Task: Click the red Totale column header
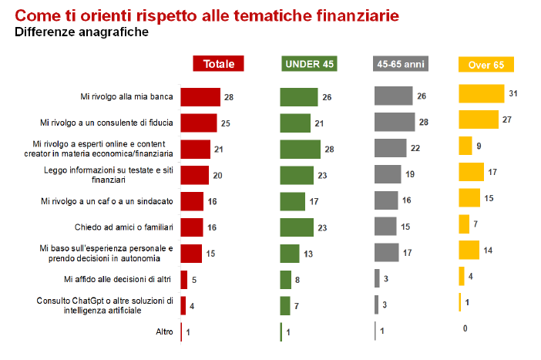coord(218,64)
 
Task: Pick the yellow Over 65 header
coord(486,65)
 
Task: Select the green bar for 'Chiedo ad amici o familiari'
coord(297,227)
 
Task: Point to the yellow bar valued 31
coord(481,93)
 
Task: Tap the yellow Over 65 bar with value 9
coord(465,146)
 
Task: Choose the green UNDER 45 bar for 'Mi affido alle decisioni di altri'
coord(285,280)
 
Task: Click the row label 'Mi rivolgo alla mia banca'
coord(127,96)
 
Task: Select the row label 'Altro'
coord(163,332)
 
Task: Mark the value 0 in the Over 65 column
coord(465,329)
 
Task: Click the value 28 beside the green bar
coord(330,149)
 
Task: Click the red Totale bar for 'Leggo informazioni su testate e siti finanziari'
coord(194,175)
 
